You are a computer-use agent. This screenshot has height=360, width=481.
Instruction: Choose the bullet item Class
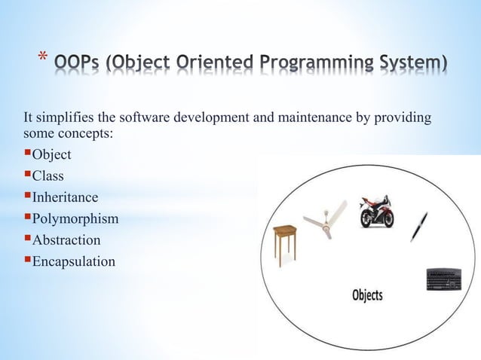click(x=47, y=176)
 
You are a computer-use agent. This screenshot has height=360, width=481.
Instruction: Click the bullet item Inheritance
click(x=64, y=197)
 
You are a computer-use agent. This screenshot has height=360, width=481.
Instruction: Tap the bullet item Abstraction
click(x=65, y=240)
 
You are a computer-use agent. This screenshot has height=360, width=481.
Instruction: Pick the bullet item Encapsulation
click(x=72, y=262)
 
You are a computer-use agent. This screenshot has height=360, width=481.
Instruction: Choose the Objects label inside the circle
click(x=367, y=294)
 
